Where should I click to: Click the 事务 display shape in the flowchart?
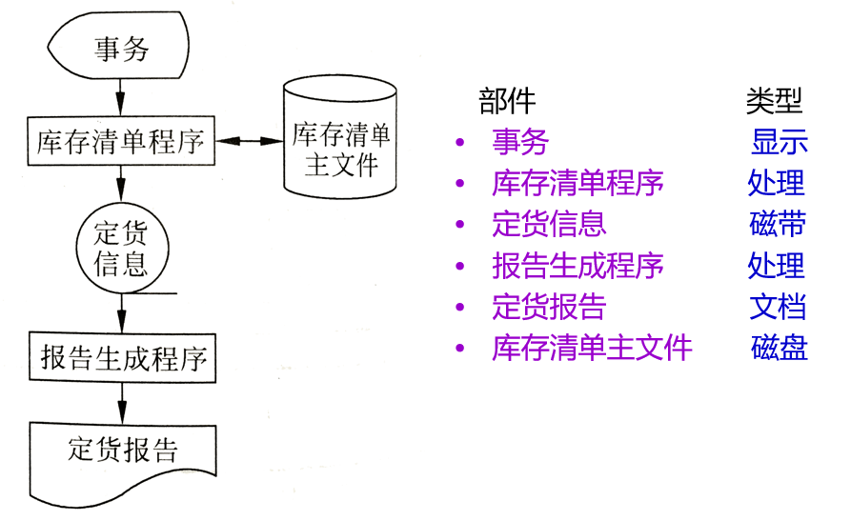[120, 49]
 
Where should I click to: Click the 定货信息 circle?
[120, 249]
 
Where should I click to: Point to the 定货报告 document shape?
[122, 451]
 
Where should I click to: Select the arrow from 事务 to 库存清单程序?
[121, 95]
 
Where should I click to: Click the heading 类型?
[774, 100]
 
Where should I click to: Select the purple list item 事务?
[520, 143]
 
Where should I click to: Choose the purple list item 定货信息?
[549, 224]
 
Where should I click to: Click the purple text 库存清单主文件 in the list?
[592, 348]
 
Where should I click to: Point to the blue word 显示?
[779, 143]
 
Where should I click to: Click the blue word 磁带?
[778, 224]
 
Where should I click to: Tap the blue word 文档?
[778, 307]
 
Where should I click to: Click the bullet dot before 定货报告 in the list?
[460, 308]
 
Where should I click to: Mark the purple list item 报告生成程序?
[577, 266]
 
